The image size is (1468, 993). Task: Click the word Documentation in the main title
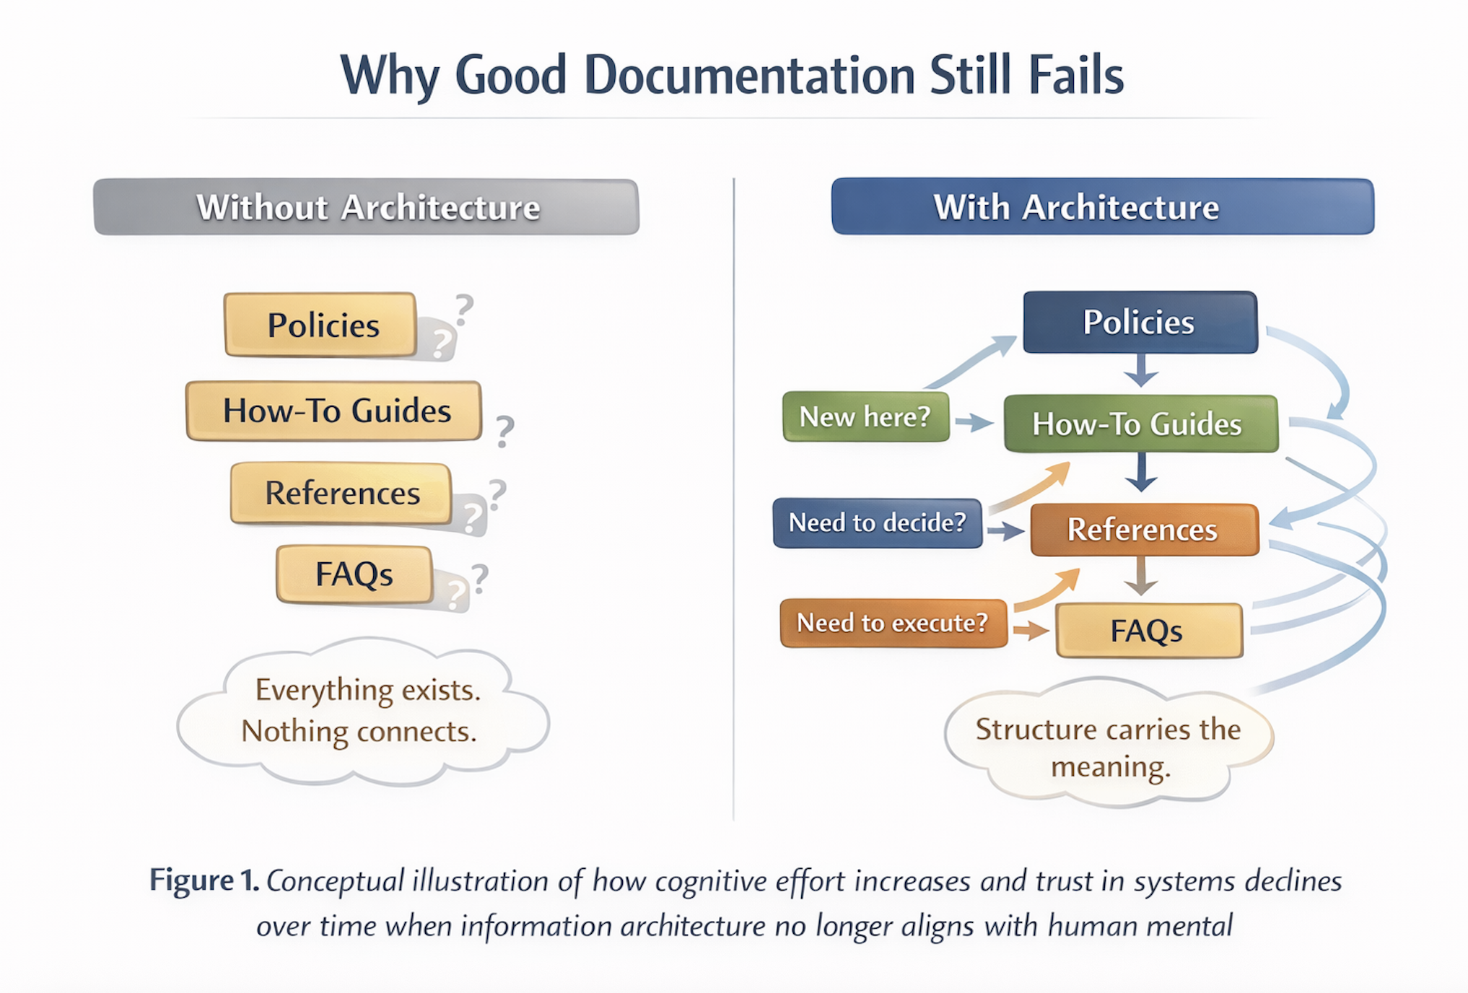point(749,75)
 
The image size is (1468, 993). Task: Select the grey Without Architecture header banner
point(367,207)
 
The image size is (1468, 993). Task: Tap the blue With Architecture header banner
point(1102,207)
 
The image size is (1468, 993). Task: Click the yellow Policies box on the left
point(321,325)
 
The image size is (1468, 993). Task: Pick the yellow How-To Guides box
point(334,411)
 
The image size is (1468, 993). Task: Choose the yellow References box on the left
point(341,493)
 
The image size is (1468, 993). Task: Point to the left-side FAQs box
point(354,574)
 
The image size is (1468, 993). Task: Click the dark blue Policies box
point(1140,322)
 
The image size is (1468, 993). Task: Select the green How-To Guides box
point(1140,424)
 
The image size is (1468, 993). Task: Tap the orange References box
point(1144,529)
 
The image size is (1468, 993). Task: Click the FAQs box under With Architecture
point(1148,631)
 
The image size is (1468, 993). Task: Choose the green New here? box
point(865,416)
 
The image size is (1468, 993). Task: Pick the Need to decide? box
point(877,522)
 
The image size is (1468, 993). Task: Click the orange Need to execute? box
point(893,623)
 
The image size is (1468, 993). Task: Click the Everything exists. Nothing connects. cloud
point(362,711)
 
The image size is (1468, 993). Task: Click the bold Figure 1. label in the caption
point(204,880)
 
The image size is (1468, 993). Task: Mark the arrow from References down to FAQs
point(1141,577)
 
